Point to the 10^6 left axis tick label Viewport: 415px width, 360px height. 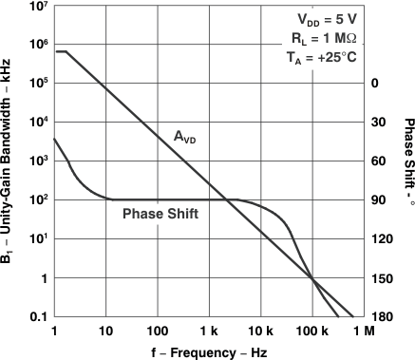(38, 44)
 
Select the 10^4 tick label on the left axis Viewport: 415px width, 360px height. (38, 122)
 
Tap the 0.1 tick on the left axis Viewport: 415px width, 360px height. (38, 316)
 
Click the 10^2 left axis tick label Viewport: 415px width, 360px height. (38, 199)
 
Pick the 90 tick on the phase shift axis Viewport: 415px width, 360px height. (377, 200)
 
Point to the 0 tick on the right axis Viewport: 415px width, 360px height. (375, 84)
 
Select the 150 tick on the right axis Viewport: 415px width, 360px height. (377, 278)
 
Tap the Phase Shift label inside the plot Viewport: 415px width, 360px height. (160, 215)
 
